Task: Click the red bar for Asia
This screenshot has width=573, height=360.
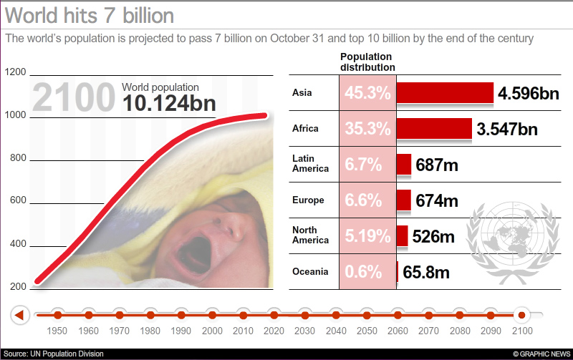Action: click(445, 93)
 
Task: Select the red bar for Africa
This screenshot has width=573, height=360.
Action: click(434, 129)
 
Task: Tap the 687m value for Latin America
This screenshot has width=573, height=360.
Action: click(436, 165)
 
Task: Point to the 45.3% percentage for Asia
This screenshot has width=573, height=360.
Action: click(367, 93)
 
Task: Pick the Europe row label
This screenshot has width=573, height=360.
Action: click(308, 200)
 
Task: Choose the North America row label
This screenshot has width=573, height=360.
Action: click(309, 235)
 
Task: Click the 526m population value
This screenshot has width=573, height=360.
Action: click(434, 236)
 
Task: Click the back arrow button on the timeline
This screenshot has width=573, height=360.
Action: click(20, 314)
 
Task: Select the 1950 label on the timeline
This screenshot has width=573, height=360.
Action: click(57, 331)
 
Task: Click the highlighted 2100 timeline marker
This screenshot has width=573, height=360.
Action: click(521, 314)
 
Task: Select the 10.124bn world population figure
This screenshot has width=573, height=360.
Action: click(169, 104)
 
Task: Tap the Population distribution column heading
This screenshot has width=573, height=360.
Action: click(367, 62)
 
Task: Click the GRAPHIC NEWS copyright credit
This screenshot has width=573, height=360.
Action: click(541, 354)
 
